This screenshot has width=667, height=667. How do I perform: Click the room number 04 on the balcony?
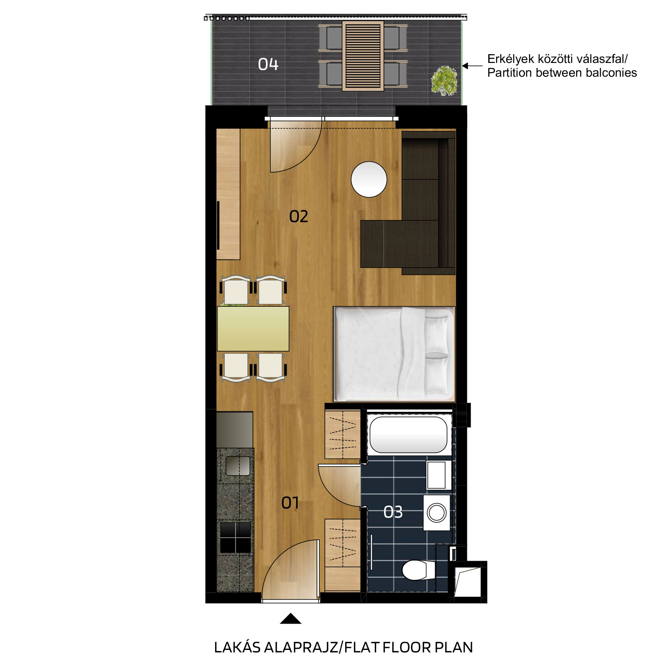pos(268,64)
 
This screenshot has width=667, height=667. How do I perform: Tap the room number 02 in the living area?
pos(298,216)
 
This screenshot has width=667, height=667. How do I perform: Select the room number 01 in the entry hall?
pos(290,503)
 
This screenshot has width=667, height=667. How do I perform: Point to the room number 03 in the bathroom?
pos(393,512)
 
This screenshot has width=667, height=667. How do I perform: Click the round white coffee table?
pos(369,179)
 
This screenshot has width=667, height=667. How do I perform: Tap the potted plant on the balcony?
pos(444,80)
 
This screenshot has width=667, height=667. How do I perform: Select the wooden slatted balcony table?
pos(363,56)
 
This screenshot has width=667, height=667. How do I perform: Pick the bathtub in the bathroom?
pos(409,435)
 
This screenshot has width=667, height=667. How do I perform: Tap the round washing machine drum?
pos(437,513)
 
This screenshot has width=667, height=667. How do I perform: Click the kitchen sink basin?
pos(238,466)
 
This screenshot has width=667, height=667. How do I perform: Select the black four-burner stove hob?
pos(236,538)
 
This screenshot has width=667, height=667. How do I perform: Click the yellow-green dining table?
pos(253,329)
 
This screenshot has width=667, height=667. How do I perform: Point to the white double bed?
pos(394,354)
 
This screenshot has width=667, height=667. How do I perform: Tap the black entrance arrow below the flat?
pos(291,619)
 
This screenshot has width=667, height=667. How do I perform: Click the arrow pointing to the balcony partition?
pos(472,66)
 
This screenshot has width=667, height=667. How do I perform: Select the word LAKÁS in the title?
pos(237,647)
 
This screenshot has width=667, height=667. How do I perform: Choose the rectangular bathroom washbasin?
pos(437,475)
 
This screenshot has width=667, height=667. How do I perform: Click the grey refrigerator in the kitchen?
pos(235,430)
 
